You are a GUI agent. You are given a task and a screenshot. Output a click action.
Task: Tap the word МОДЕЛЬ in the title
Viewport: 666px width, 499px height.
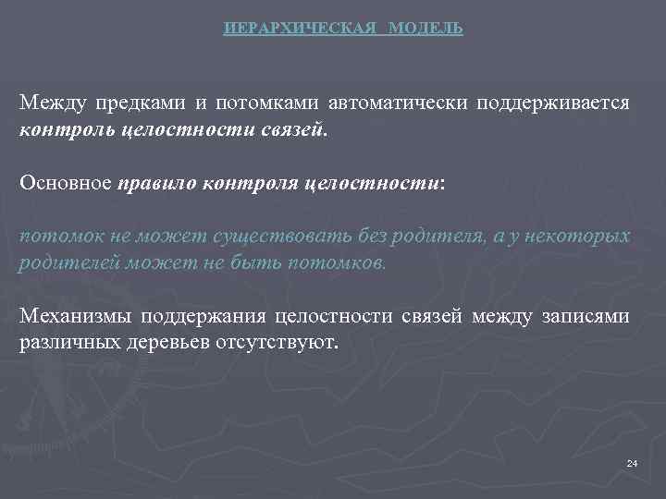[426, 29]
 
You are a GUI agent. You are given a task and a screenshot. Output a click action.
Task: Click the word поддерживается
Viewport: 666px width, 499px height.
[553, 103]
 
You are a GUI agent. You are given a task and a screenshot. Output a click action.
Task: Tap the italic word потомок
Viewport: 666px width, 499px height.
[55, 236]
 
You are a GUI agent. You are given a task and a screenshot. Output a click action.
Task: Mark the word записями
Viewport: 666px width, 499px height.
[585, 317]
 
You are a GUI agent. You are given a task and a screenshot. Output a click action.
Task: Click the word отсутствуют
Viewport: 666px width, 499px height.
[290, 343]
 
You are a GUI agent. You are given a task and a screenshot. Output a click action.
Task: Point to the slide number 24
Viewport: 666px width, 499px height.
[632, 462]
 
